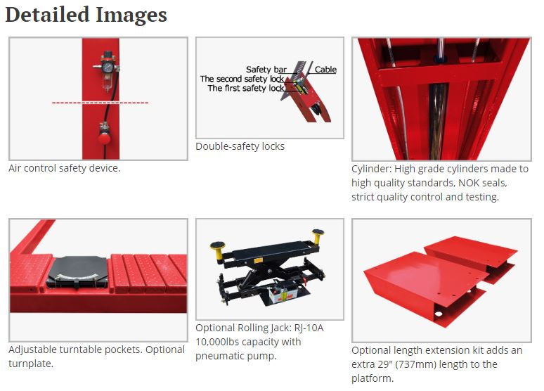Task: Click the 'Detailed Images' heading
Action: pyautogui.click(x=86, y=15)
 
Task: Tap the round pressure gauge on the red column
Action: pyautogui.click(x=108, y=67)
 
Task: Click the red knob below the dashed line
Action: pyautogui.click(x=104, y=139)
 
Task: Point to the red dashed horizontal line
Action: pyautogui.click(x=100, y=103)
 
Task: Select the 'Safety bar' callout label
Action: pyautogui.click(x=266, y=70)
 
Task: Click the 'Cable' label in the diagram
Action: pyautogui.click(x=325, y=70)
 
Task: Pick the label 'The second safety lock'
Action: pyautogui.click(x=242, y=79)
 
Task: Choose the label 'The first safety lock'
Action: pyautogui.click(x=246, y=88)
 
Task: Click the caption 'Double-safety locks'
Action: pyautogui.click(x=240, y=146)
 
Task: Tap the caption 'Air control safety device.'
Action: pyautogui.click(x=65, y=168)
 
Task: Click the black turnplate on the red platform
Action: pyautogui.click(x=77, y=272)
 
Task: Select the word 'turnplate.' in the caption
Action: pyautogui.click(x=31, y=364)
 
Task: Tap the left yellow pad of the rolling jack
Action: pyautogui.click(x=218, y=245)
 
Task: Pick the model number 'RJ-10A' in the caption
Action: pyautogui.click(x=309, y=328)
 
